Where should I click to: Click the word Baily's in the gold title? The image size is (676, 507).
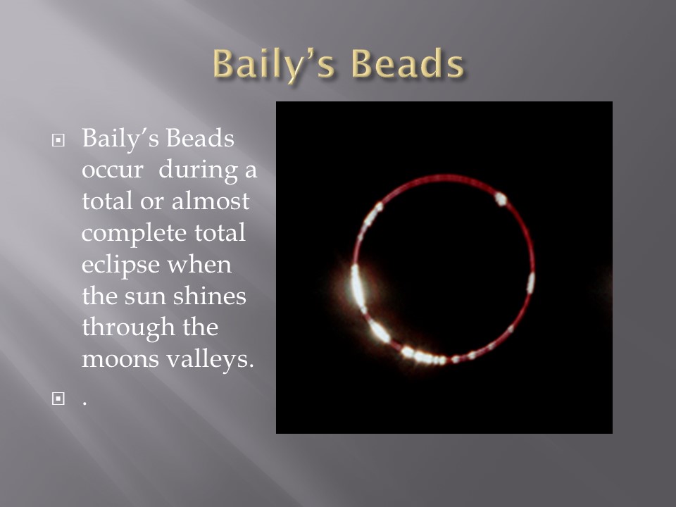click(x=273, y=65)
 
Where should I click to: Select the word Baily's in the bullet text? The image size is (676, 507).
click(x=120, y=139)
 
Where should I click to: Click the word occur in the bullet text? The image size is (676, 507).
click(x=112, y=170)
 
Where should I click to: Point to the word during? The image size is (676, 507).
click(x=198, y=170)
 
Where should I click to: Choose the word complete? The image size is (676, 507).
click(x=134, y=234)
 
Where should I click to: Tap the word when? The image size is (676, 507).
click(x=199, y=264)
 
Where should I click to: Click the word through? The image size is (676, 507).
click(x=128, y=328)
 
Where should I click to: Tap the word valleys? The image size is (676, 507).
click(x=210, y=360)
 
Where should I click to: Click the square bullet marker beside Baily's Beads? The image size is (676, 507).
click(x=58, y=140)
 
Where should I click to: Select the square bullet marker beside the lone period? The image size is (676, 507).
click(x=58, y=399)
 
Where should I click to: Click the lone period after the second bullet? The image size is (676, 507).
click(x=84, y=404)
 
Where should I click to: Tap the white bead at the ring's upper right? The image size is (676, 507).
click(x=501, y=199)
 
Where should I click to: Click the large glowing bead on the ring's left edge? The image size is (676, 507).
click(x=358, y=287)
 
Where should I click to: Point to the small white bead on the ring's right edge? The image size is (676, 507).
click(x=531, y=282)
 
